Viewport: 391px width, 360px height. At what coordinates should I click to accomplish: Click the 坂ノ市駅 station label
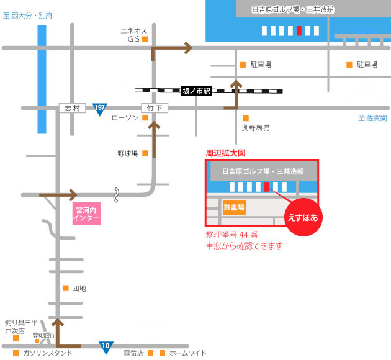click(x=196, y=91)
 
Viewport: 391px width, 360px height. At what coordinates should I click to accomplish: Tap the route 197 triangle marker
click(x=99, y=109)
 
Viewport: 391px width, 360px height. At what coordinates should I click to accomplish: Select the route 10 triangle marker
click(x=106, y=345)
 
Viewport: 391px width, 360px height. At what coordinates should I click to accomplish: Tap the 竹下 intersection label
click(x=153, y=108)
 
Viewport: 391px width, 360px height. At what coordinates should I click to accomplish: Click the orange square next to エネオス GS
click(x=145, y=39)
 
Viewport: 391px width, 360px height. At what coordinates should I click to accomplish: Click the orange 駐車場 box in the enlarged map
click(x=234, y=207)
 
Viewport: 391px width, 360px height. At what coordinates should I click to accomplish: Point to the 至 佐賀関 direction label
click(x=372, y=118)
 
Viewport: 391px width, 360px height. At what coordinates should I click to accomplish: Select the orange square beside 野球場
click(x=145, y=153)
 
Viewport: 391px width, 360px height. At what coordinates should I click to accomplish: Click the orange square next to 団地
click(x=66, y=288)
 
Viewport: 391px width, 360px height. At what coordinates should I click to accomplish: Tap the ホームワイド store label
click(x=187, y=353)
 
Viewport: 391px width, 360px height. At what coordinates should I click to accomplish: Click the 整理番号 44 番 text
click(x=231, y=235)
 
